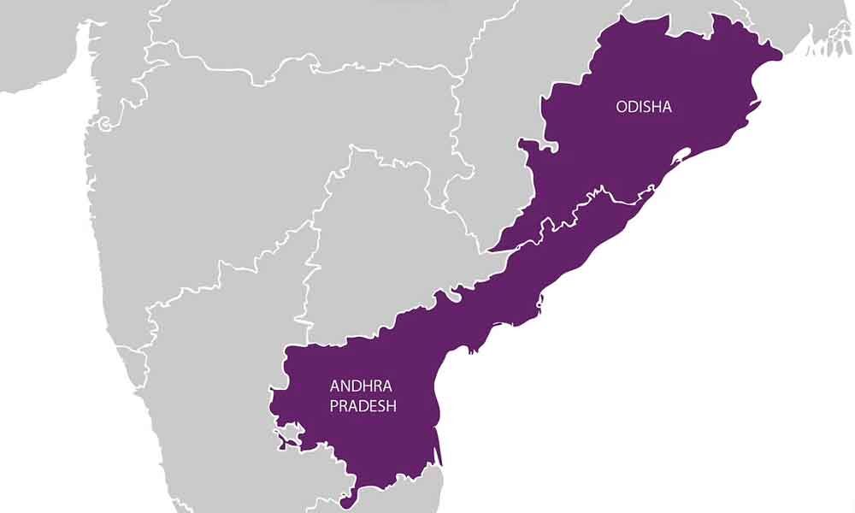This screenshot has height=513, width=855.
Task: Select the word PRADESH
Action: [x=363, y=406]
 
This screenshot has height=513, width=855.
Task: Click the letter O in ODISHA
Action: [x=621, y=106]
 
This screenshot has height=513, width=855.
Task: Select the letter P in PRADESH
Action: [x=334, y=406]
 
